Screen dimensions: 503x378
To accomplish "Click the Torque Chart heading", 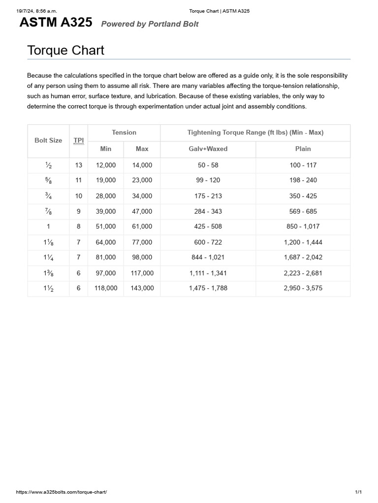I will tap(65, 50).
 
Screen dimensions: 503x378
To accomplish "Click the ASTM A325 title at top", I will tap(55, 23).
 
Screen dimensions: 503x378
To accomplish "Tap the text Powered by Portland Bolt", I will tap(150, 24).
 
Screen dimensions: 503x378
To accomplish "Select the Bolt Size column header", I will tap(48, 140).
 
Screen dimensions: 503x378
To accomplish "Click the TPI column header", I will tap(79, 140).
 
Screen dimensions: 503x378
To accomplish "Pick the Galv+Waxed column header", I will tap(208, 149).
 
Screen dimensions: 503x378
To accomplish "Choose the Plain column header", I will tap(303, 149).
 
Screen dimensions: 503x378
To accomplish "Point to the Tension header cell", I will tap(124, 133).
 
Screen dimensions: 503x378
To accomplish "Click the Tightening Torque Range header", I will tap(255, 133).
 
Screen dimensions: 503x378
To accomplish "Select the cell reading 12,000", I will tap(106, 166).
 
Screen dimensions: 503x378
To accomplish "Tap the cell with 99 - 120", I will tap(208, 180).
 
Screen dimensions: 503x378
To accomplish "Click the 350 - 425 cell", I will tap(303, 196).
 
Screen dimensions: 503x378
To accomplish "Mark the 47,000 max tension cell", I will tap(142, 212).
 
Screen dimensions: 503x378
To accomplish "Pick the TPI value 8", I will tap(79, 226).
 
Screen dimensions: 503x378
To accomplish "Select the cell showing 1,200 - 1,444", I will tap(303, 242).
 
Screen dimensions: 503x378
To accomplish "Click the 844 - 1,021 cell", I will tap(208, 257).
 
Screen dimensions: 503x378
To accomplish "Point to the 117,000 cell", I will tap(142, 273).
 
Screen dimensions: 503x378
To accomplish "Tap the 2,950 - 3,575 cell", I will tap(303, 288).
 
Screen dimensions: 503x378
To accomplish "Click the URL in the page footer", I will tap(62, 492).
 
